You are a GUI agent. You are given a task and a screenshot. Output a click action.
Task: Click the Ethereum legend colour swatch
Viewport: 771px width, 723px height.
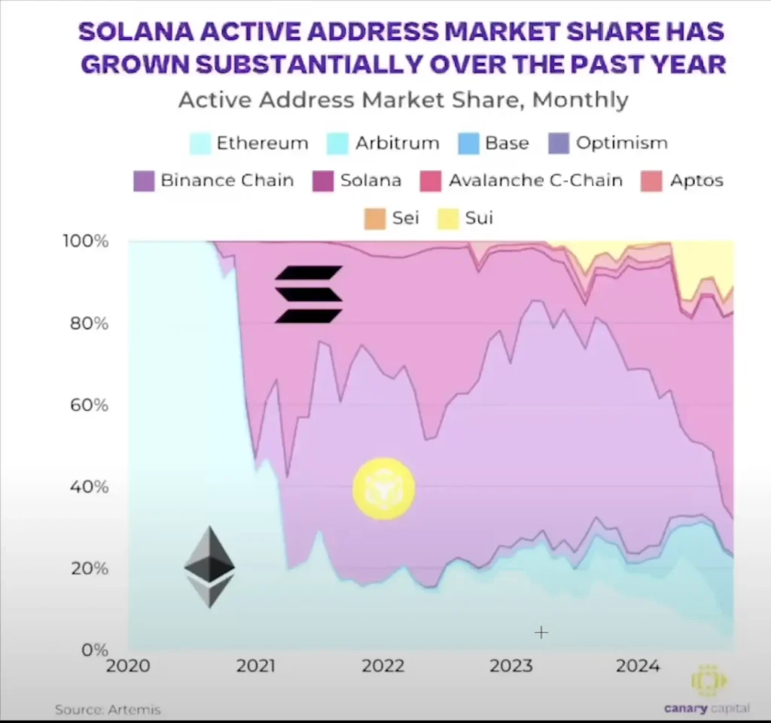point(200,144)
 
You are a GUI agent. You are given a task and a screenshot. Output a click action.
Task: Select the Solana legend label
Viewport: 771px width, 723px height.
point(370,181)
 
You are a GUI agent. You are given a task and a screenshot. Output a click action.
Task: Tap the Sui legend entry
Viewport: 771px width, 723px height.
point(465,217)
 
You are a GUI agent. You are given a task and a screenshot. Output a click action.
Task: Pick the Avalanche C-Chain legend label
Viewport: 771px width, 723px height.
point(535,181)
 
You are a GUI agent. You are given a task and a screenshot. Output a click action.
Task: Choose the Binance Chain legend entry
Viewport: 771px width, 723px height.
point(214,181)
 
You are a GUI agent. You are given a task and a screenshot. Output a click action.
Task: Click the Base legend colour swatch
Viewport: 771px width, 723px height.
point(468,144)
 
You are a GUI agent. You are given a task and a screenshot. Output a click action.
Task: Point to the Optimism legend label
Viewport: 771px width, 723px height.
point(621,143)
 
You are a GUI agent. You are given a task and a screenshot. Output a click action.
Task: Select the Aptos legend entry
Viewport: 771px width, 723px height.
point(682,181)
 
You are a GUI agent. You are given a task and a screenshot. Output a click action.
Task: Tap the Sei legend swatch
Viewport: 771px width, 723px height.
point(375,218)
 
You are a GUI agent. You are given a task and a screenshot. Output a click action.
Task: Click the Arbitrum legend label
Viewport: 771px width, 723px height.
point(398,143)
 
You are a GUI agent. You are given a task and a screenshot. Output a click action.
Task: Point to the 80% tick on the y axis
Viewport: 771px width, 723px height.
point(89,324)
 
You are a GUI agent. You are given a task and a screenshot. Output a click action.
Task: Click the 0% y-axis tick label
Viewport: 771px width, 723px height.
point(95,650)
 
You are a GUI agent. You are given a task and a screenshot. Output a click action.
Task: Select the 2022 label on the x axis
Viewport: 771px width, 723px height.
point(383,666)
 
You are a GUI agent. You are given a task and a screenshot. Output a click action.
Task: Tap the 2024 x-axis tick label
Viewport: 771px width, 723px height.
point(638,666)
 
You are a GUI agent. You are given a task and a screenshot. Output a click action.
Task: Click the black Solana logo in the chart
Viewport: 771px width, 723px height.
point(308,294)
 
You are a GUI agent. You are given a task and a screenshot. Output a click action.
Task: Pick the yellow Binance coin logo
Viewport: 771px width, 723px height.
point(384,489)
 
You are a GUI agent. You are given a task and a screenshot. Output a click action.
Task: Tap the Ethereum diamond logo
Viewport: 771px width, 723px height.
point(209,567)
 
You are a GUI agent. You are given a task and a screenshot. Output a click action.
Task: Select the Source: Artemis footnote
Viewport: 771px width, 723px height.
point(108,709)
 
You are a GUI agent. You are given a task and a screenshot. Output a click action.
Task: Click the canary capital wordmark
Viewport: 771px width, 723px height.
point(706,708)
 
